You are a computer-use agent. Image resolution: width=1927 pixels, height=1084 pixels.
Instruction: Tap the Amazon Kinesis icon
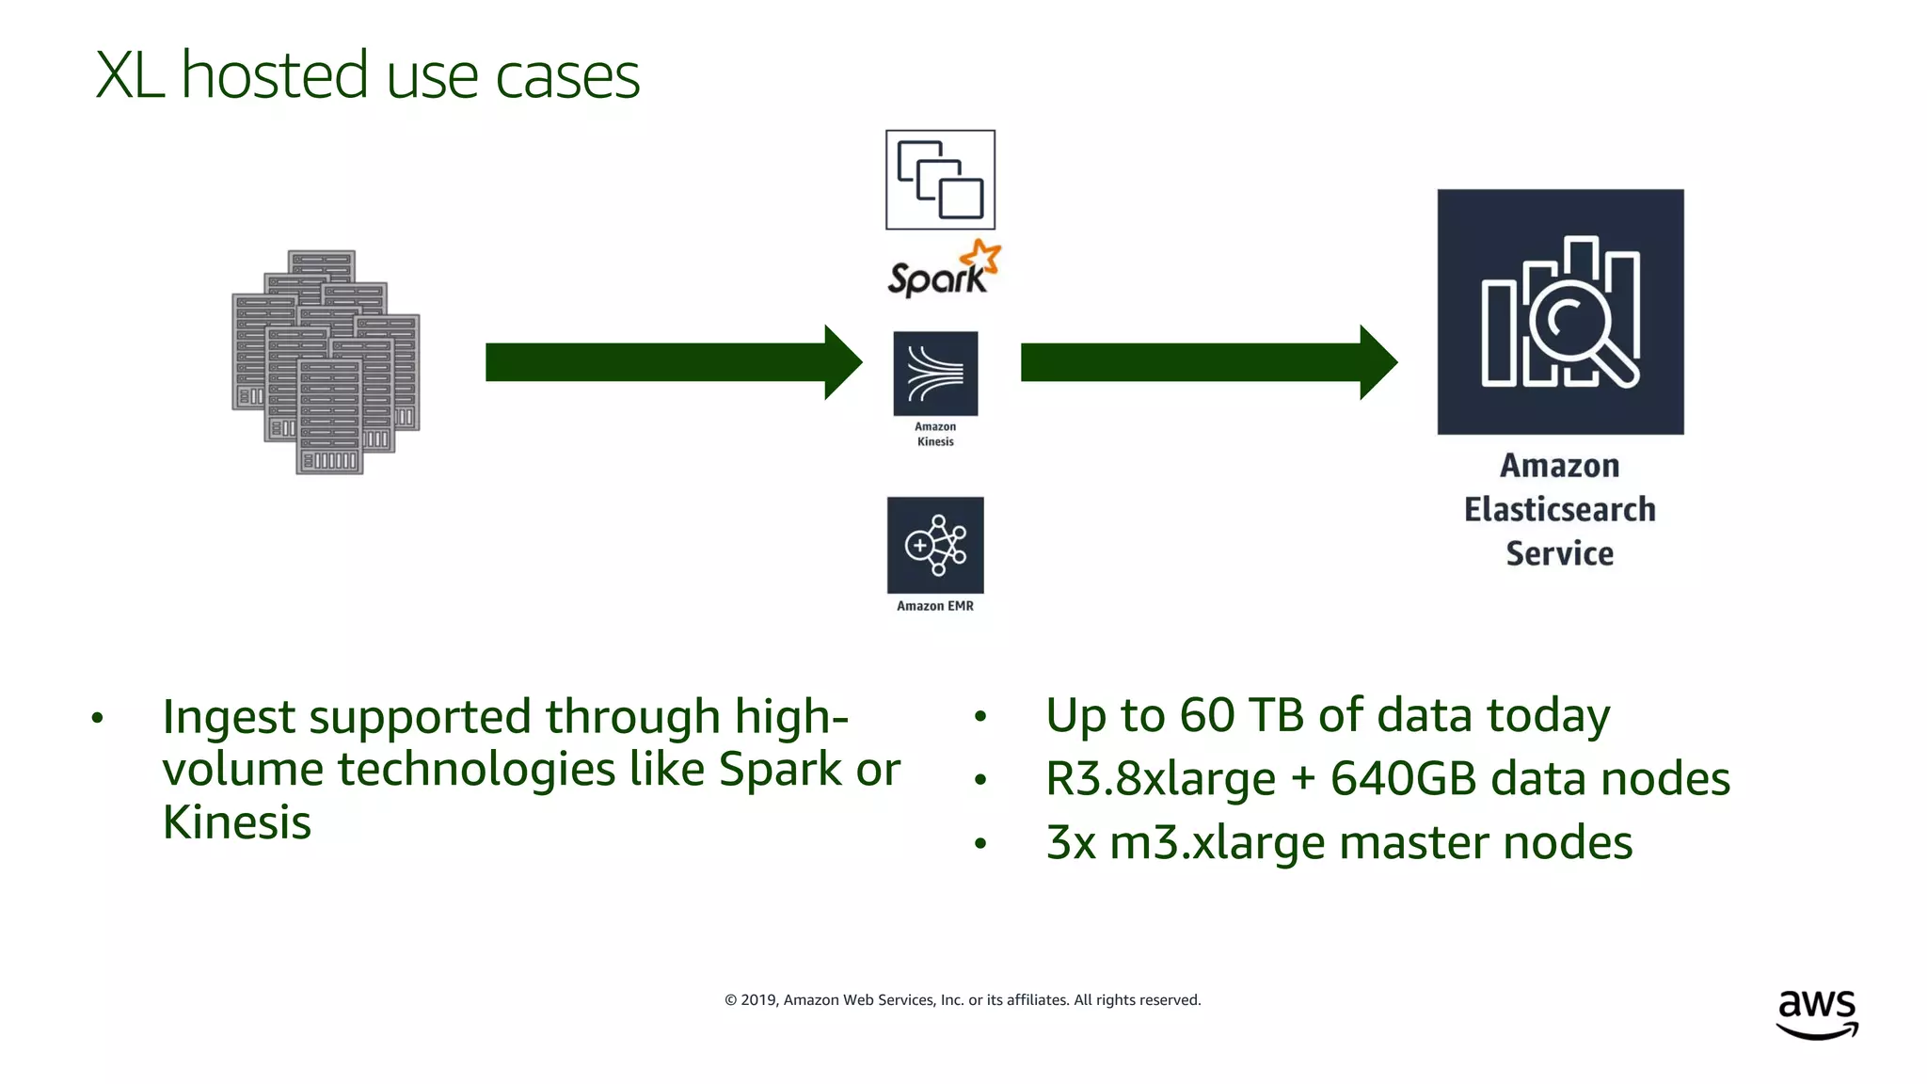coord(935,374)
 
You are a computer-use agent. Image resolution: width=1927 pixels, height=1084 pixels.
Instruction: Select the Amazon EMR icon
coord(935,545)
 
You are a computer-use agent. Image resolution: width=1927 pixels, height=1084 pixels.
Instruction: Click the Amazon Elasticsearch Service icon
coord(1560,311)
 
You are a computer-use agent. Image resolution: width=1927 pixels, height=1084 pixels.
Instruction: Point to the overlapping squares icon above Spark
coord(940,180)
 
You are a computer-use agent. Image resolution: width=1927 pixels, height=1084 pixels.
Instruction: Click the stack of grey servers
coord(326,362)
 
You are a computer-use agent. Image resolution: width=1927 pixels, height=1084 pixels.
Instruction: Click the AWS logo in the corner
coord(1817,1013)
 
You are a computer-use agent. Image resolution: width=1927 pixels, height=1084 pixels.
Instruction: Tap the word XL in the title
coord(130,75)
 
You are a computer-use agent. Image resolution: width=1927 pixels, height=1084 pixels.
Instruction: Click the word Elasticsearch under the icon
coord(1559,510)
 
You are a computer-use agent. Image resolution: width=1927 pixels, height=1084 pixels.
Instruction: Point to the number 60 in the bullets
coord(1207,715)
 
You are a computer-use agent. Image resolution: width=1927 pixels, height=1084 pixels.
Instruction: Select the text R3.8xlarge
coord(1160,779)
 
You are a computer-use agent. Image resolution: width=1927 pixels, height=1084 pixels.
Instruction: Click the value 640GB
coord(1403,779)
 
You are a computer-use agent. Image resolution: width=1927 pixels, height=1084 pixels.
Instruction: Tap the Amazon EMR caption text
coord(935,606)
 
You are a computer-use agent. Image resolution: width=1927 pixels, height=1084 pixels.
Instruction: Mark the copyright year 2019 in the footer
coord(757,1000)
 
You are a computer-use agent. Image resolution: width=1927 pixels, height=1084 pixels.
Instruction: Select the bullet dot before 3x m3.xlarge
coord(980,844)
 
